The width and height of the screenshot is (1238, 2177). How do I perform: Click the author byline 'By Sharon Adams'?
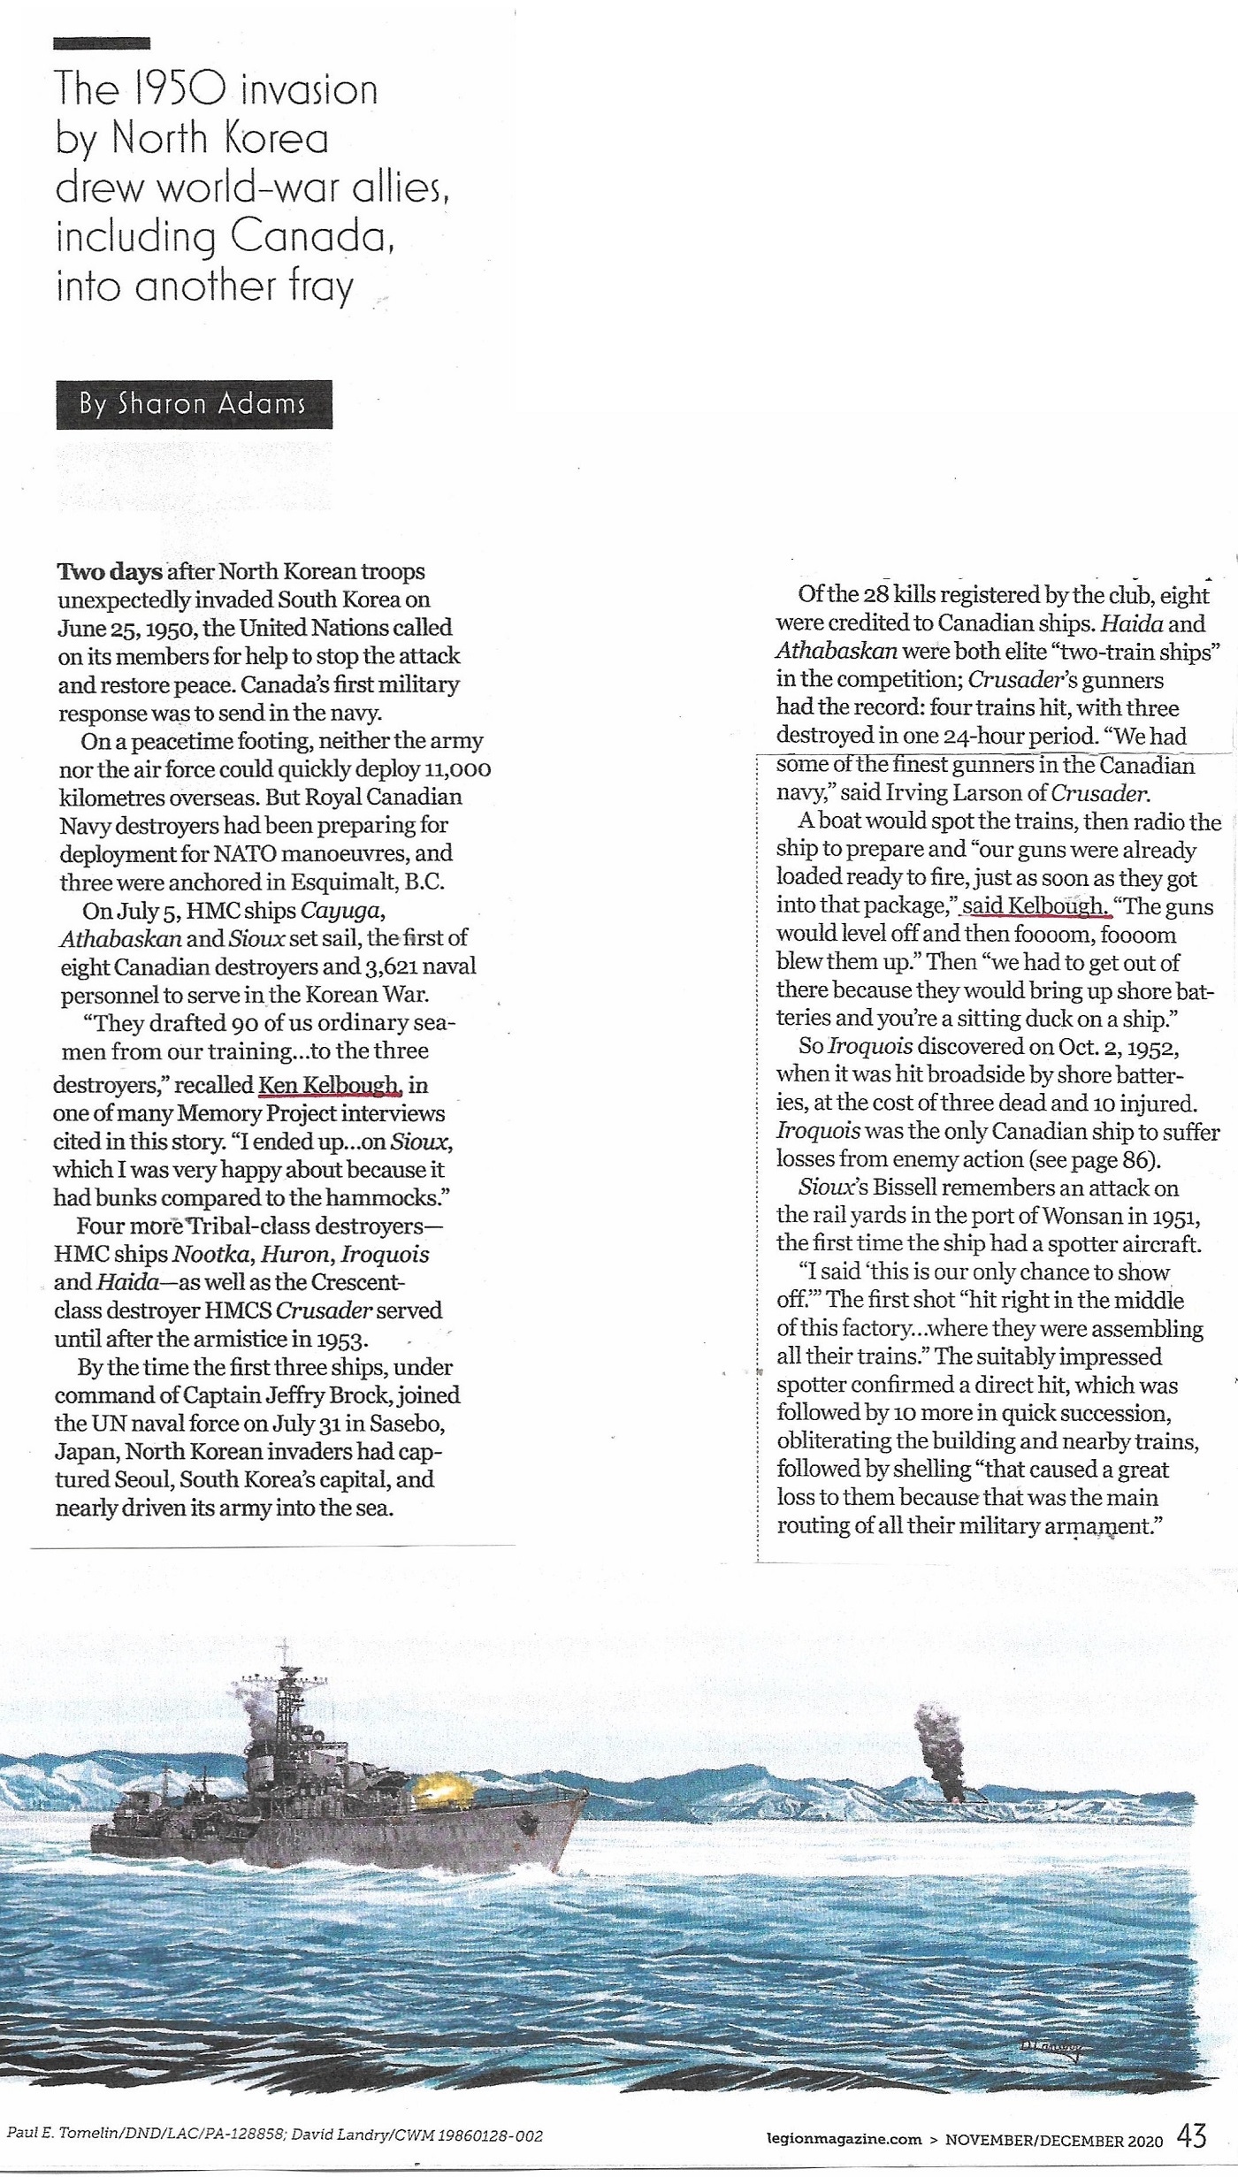click(x=194, y=404)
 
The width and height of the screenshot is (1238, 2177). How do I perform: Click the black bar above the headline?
click(x=102, y=42)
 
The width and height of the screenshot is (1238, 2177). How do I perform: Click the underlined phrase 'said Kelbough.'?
click(x=1034, y=905)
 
